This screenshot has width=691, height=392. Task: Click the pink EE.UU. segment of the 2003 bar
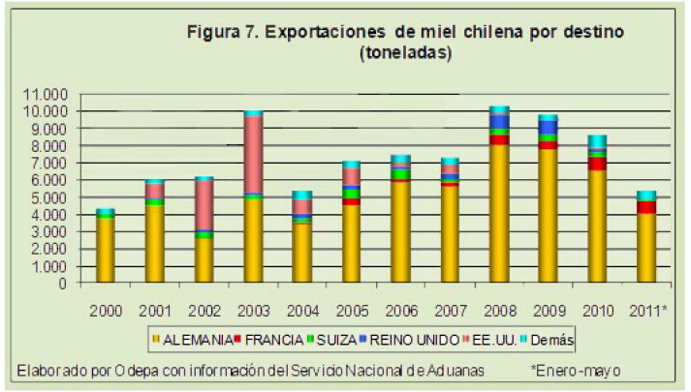[253, 155]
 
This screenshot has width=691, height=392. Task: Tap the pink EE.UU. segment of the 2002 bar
[204, 204]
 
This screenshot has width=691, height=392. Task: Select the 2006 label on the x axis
[400, 311]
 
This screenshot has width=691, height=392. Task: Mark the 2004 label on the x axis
[302, 311]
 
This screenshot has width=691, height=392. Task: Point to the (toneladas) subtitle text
[405, 54]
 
